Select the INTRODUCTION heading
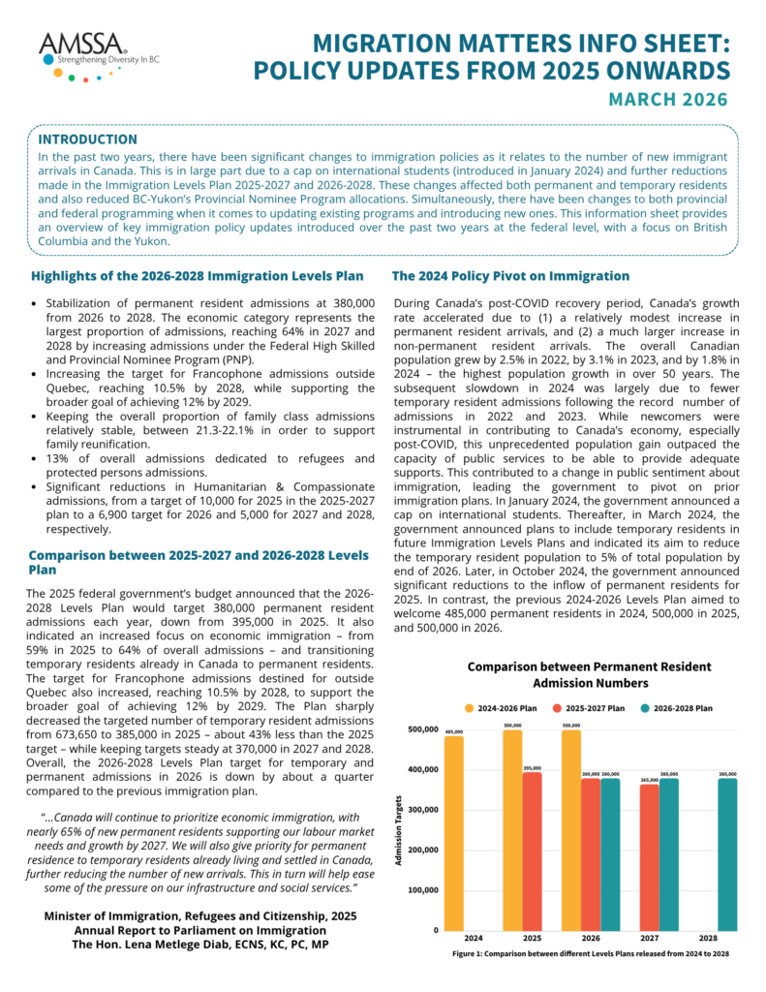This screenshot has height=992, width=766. (87, 139)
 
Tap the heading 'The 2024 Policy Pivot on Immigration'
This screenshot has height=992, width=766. (511, 276)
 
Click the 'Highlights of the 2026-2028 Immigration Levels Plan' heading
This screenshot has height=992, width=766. (198, 276)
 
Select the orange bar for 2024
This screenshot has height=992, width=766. (454, 832)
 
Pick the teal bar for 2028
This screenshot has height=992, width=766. (727, 853)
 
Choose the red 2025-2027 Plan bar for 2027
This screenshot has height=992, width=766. (649, 856)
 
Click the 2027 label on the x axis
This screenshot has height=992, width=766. (649, 939)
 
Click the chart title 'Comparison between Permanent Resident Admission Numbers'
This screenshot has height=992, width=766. (589, 674)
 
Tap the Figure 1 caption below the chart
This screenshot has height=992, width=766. (591, 954)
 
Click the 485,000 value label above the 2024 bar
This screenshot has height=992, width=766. (454, 731)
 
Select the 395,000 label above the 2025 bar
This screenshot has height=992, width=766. (531, 768)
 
